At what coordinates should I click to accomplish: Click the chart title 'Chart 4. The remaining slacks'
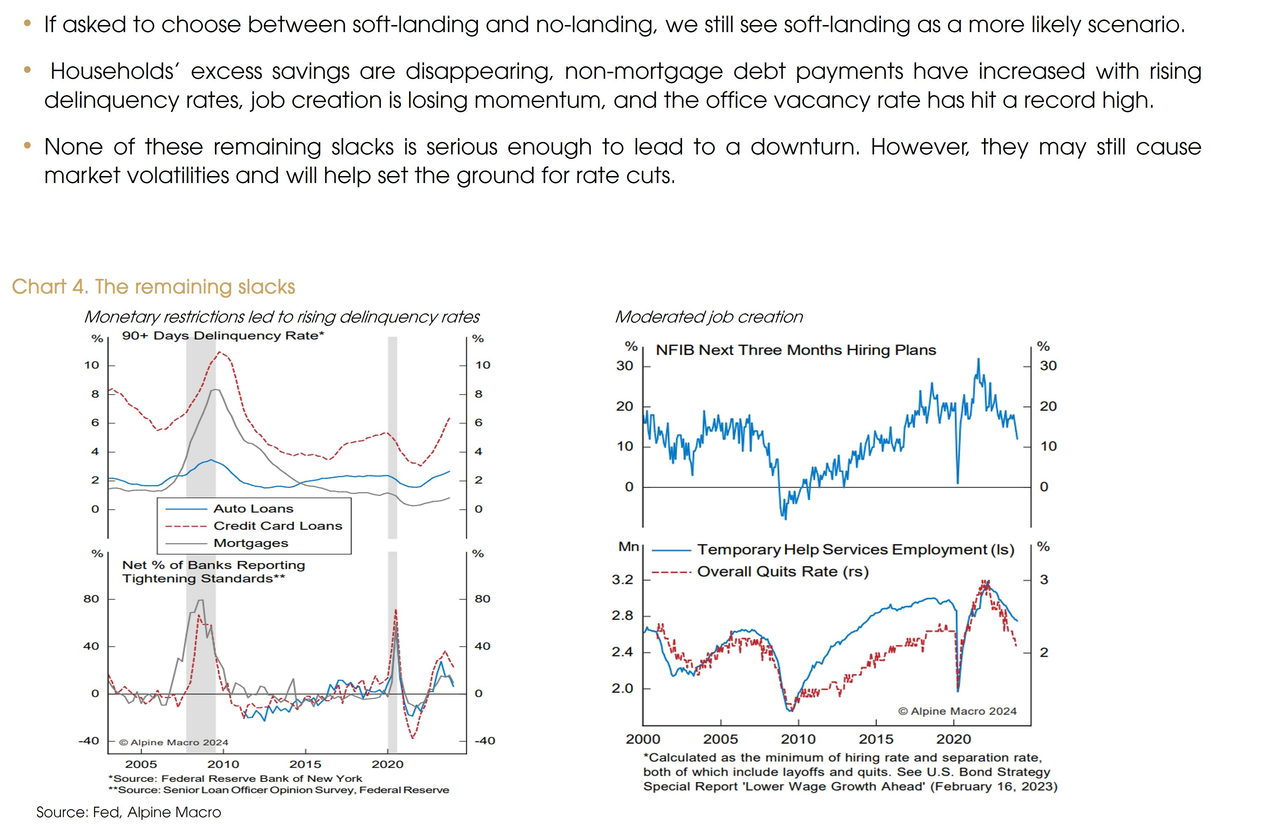click(x=153, y=287)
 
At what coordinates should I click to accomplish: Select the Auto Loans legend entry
click(x=253, y=509)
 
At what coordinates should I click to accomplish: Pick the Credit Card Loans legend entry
click(x=277, y=526)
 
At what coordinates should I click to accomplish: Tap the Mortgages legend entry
click(x=250, y=543)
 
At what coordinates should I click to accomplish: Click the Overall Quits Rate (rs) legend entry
click(x=782, y=572)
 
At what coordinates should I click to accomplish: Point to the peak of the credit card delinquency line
click(x=220, y=352)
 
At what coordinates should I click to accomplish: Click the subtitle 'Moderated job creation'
click(x=708, y=317)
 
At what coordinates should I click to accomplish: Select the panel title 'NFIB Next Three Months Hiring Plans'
click(x=796, y=350)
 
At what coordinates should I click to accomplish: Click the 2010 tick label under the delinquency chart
click(x=223, y=765)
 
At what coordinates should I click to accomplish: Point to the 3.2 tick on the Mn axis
click(x=622, y=580)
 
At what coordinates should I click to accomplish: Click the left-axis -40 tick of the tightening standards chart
click(x=89, y=741)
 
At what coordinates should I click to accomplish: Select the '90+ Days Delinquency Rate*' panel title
click(x=223, y=336)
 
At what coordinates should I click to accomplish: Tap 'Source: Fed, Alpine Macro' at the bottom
click(x=129, y=812)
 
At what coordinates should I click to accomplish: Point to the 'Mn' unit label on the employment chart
click(x=628, y=547)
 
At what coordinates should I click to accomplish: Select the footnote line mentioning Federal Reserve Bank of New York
click(x=235, y=778)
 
